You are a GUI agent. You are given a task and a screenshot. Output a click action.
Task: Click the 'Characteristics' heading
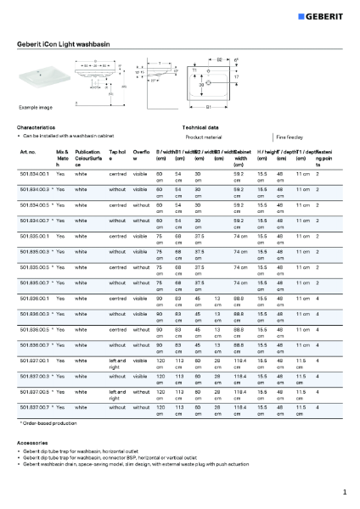36,126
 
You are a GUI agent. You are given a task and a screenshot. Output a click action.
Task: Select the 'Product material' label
204,136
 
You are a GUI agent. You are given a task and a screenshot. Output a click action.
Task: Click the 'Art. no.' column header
27,151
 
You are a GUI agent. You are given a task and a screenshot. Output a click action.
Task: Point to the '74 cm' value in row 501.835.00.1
240,235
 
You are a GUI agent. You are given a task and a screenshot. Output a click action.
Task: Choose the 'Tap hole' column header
117,154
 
